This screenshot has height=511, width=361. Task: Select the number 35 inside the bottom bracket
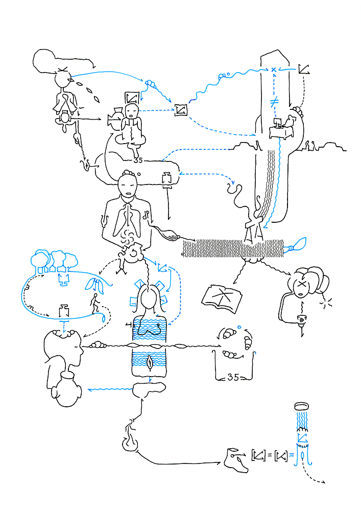click(x=233, y=378)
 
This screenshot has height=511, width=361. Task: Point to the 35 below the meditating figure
click(x=138, y=160)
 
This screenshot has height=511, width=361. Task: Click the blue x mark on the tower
click(x=274, y=69)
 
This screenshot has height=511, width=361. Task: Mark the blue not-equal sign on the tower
click(x=274, y=101)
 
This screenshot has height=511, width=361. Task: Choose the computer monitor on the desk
click(x=280, y=123)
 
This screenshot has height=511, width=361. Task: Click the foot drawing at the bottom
click(x=236, y=457)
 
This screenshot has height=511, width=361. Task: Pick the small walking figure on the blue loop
click(x=95, y=305)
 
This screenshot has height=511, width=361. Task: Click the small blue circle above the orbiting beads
click(x=239, y=327)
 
